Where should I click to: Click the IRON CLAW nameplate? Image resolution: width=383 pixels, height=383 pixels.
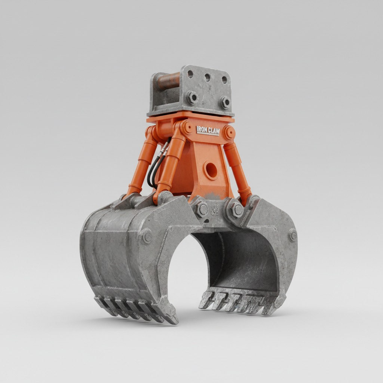pos(208,131)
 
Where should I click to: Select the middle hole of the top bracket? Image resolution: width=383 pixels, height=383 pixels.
pos(207,77)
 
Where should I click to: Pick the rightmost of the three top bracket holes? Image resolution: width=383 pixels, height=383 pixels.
pos(224,80)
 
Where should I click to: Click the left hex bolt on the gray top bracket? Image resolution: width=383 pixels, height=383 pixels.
pos(191,98)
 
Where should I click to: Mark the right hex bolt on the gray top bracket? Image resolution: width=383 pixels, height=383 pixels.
pos(225,102)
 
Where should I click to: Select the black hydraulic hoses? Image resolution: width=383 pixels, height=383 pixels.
pos(155,166)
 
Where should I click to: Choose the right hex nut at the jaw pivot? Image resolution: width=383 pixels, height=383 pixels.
pos(235,211)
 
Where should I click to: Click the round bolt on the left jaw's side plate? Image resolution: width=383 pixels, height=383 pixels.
pos(146,236)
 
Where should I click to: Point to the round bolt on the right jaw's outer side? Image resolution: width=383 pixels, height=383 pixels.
pos(293,235)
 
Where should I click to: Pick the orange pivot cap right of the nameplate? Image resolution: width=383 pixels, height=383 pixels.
pos(229,132)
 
